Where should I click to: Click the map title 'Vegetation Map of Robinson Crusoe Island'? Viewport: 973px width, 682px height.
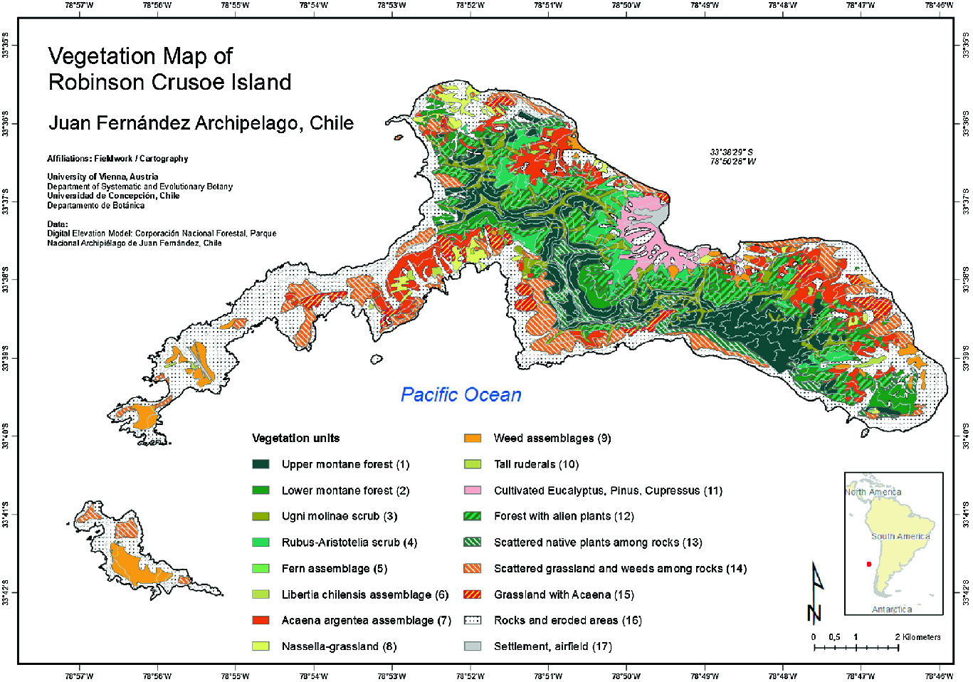(x=169, y=69)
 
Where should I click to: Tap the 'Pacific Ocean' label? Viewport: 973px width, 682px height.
(x=461, y=395)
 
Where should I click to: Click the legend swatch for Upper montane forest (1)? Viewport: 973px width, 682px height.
(x=261, y=464)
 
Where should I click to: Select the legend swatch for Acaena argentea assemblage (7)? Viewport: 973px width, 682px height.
(x=261, y=620)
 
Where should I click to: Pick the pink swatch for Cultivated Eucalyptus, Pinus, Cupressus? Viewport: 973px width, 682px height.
(x=473, y=490)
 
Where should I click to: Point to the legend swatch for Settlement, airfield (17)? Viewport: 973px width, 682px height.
(x=473, y=646)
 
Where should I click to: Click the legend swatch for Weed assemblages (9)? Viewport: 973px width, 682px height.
(x=473, y=439)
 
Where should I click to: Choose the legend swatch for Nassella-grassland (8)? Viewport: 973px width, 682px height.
(x=261, y=646)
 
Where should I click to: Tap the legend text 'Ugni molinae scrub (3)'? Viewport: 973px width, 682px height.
(x=339, y=516)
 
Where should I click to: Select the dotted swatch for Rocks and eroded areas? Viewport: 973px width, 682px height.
(x=473, y=620)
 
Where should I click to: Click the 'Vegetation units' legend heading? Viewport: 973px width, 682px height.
(x=295, y=439)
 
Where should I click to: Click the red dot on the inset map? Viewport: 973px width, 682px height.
(x=868, y=565)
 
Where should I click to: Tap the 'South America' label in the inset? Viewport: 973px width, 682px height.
(x=900, y=536)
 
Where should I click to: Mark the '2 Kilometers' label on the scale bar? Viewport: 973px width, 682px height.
(x=917, y=637)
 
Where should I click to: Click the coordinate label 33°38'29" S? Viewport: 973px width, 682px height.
(x=731, y=152)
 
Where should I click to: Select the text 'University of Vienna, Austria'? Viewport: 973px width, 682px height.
(x=102, y=177)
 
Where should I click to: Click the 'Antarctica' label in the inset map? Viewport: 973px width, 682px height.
(x=891, y=609)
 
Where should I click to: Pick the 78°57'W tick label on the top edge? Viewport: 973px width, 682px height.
(x=79, y=5)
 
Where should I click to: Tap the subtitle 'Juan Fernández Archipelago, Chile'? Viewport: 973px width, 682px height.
(x=201, y=123)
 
